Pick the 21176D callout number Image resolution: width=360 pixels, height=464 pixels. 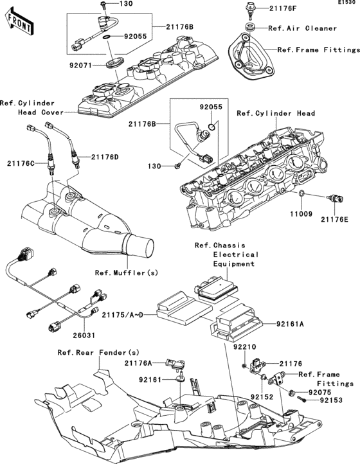coord(105,156)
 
